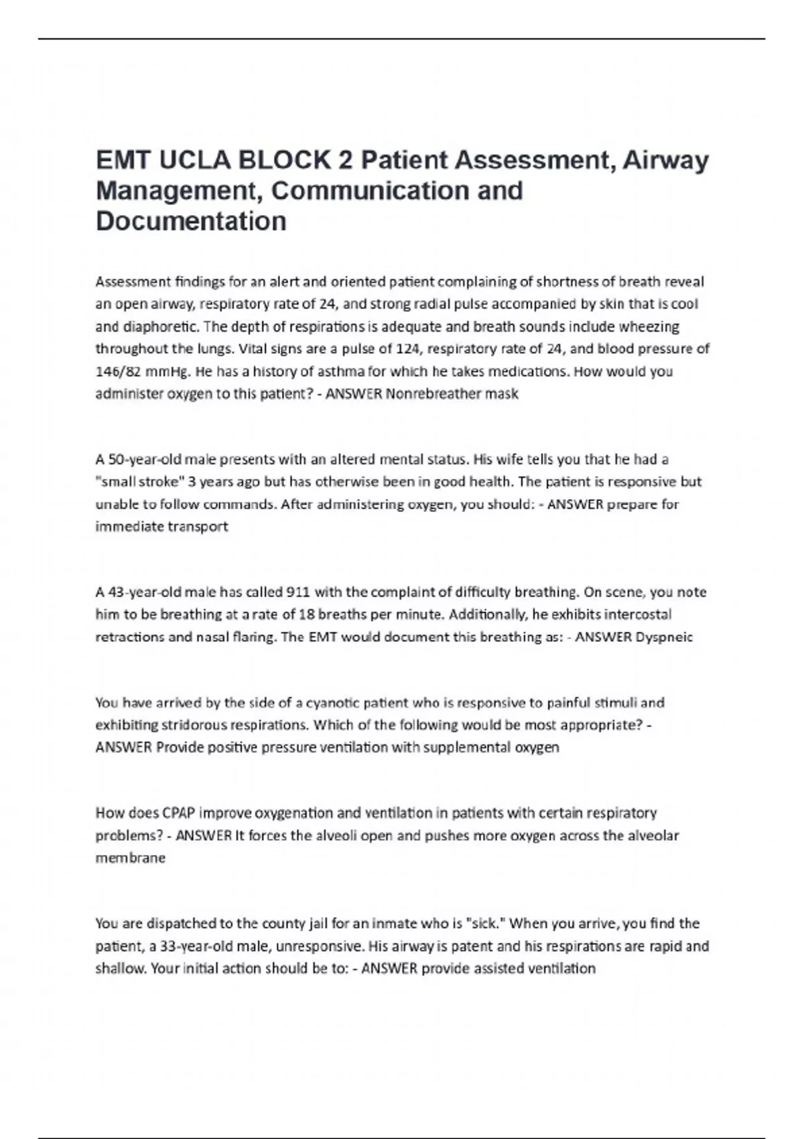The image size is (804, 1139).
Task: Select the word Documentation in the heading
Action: tap(191, 221)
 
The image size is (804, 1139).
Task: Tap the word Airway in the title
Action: tap(666, 161)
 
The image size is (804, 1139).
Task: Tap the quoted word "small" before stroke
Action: tap(116, 482)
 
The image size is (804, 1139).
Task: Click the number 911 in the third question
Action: tap(297, 592)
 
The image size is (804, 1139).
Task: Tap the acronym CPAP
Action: tap(178, 813)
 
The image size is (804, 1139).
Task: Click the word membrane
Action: tap(130, 858)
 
